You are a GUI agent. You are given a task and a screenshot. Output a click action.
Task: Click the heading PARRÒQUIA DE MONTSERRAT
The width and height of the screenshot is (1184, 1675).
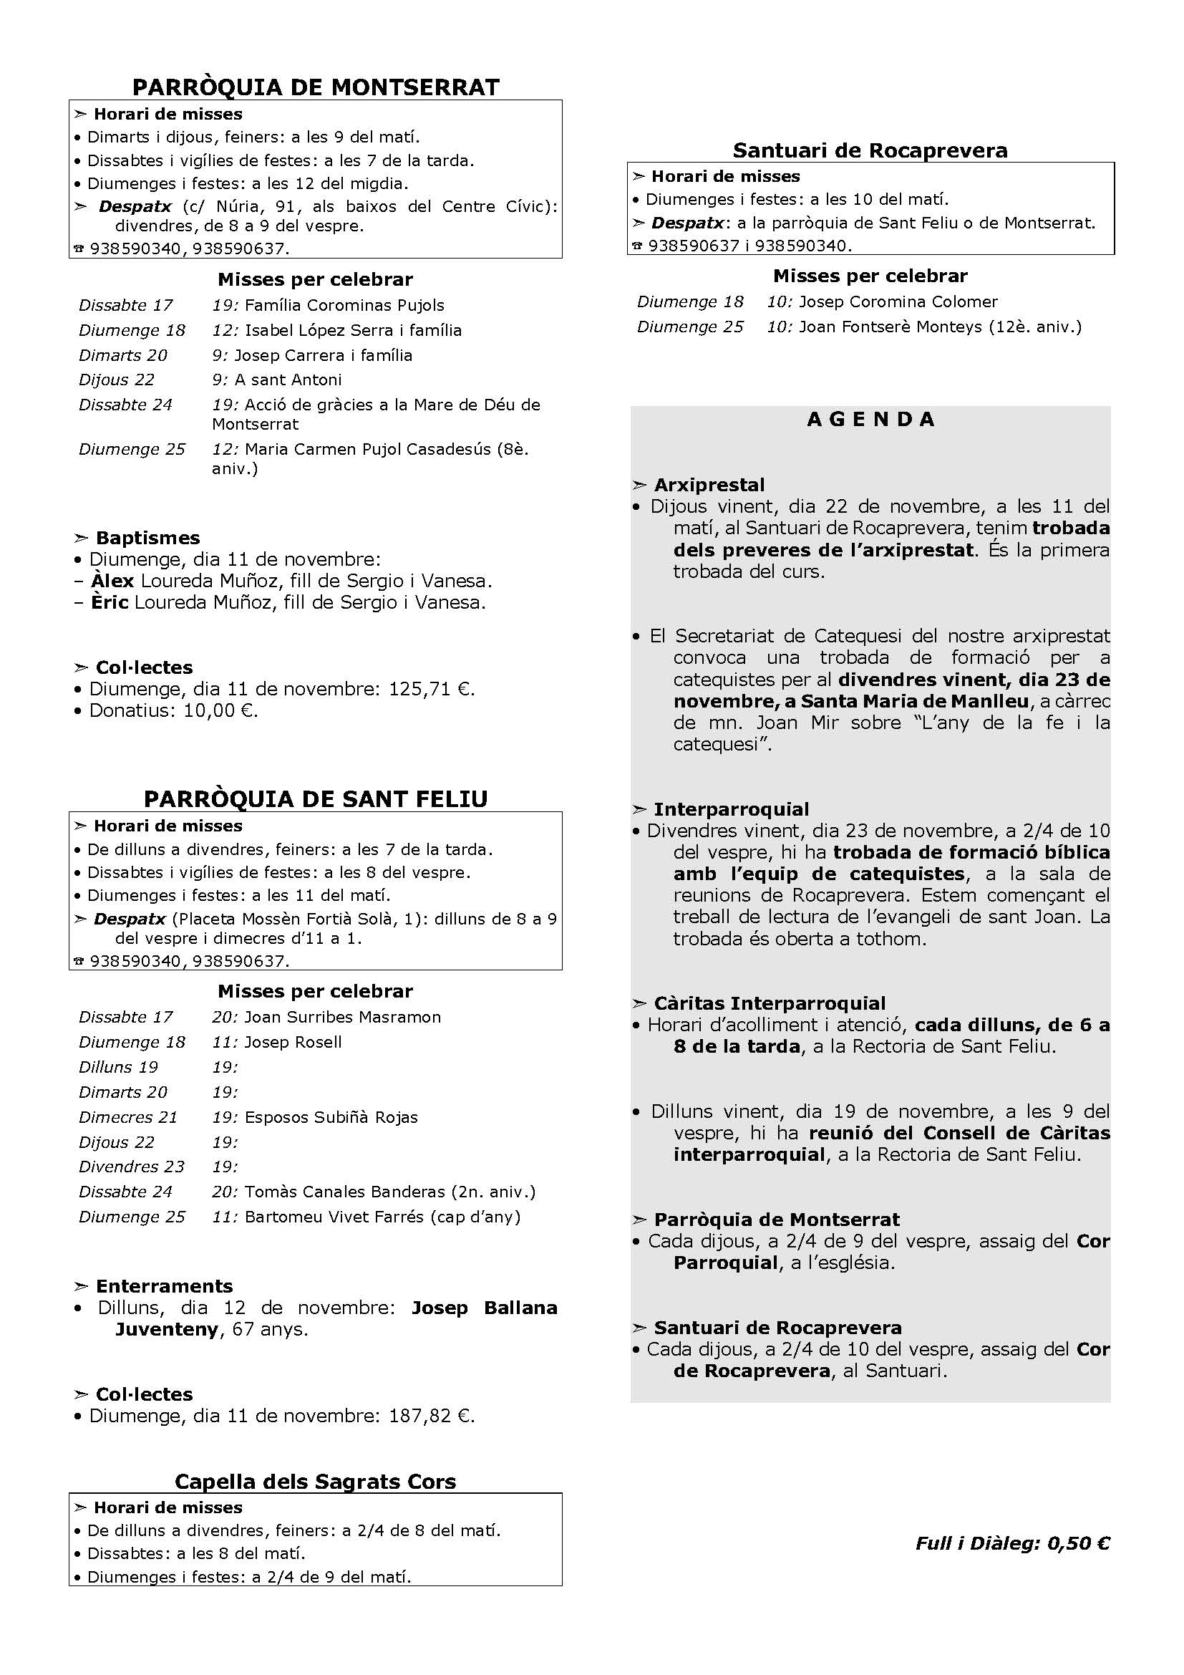point(316,87)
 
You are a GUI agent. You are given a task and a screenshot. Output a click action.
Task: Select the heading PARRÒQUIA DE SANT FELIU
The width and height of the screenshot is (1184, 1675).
point(316,799)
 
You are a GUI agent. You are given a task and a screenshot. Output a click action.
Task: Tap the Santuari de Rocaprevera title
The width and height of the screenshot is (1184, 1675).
point(870,150)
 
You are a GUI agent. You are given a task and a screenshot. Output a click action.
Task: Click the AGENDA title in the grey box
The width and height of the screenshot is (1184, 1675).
point(870,420)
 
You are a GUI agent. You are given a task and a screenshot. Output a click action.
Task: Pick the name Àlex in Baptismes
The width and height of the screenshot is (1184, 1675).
point(112,581)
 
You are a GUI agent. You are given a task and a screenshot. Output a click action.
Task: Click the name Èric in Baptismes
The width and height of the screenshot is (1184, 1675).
point(110,602)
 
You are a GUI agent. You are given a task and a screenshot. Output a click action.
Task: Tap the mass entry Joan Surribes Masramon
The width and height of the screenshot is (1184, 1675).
point(343,1017)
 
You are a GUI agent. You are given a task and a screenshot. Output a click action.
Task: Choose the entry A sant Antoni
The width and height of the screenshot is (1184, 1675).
point(288,380)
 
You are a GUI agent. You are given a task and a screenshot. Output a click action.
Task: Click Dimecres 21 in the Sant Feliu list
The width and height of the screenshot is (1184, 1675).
point(128,1117)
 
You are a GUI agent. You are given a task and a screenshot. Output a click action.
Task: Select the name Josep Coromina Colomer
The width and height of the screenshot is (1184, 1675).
point(898,302)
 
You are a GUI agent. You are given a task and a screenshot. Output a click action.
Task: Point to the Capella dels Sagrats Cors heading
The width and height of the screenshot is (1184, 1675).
point(316,1482)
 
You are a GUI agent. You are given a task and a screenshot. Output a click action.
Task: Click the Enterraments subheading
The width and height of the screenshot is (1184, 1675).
point(164,1286)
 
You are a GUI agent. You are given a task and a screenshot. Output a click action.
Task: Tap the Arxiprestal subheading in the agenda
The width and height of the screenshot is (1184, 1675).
point(709,485)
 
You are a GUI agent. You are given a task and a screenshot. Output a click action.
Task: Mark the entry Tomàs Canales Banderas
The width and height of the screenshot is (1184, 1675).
point(344,1192)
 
